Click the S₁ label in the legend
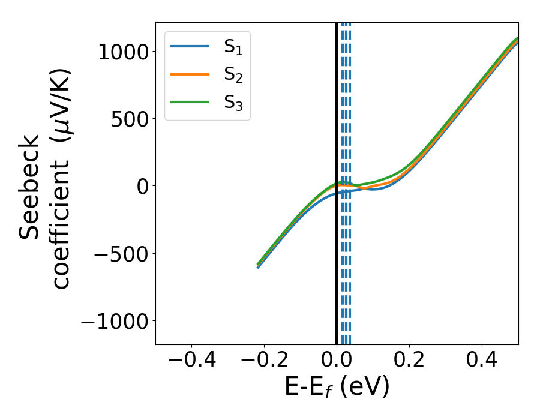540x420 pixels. (x=233, y=46)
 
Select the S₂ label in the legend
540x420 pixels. (x=233, y=74)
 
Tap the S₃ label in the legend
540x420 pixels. (x=233, y=103)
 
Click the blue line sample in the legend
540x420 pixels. (x=190, y=46)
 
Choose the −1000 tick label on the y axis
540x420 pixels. (x=115, y=322)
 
